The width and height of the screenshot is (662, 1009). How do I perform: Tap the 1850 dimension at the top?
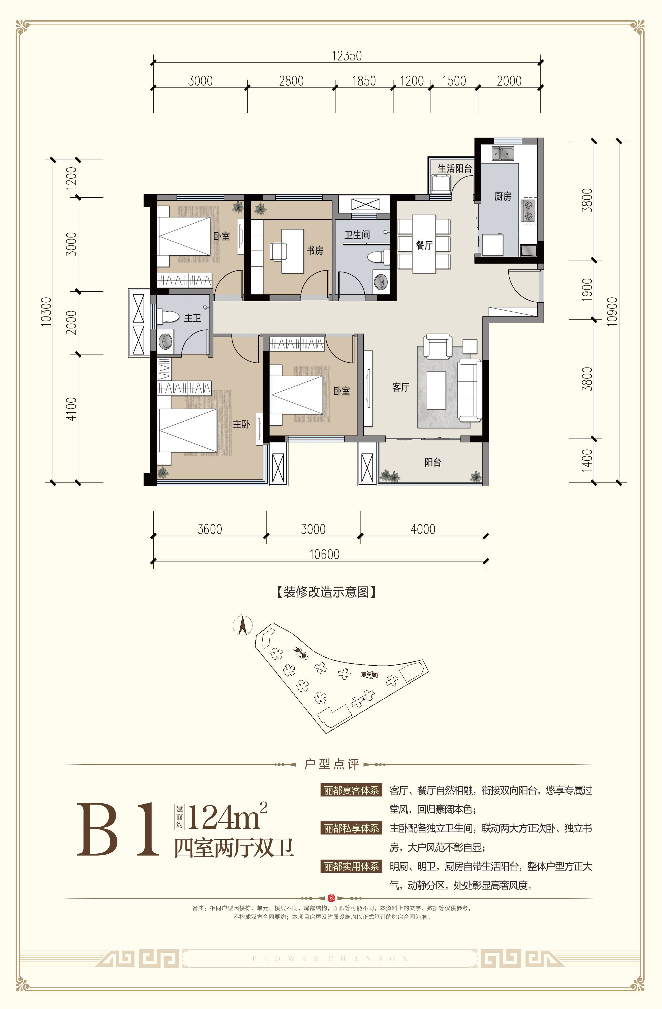pos(364,81)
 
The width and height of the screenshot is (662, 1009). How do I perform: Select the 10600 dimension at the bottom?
pos(325,554)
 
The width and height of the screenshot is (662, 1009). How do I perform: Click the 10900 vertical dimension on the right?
pos(612,312)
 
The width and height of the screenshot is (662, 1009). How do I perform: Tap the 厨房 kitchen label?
pos(503,196)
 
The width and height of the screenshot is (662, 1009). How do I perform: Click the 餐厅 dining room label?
pos(424,245)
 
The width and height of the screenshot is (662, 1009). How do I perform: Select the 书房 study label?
pos(315,251)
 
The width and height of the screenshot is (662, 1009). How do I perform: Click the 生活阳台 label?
pos(455,168)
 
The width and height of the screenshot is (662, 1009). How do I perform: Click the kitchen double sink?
pos(503,153)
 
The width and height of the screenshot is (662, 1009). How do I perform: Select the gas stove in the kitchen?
pos(529,211)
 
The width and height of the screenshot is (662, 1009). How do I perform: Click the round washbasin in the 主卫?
pos(165,341)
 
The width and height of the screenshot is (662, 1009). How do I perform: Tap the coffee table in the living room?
pos(436,390)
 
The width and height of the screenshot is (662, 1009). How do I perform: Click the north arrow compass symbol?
pos(243,626)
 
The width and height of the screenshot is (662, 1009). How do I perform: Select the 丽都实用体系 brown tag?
pos(351,866)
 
